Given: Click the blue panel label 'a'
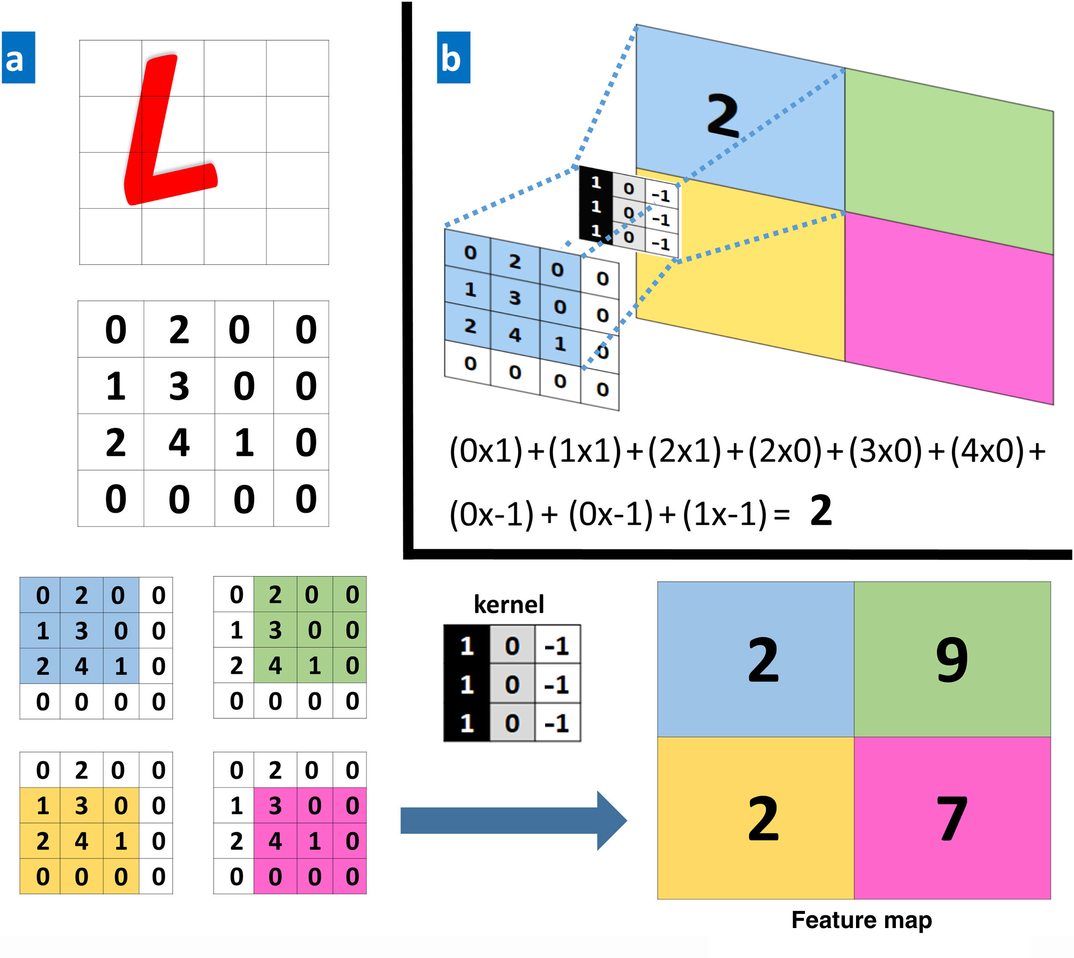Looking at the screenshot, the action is [18, 57].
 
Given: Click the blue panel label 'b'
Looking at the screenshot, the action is [453, 57].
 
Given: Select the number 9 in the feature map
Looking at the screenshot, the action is [952, 659].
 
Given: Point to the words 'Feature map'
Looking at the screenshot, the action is [861, 919].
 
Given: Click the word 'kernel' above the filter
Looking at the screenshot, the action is [509, 604].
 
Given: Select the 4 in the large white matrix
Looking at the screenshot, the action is [179, 443].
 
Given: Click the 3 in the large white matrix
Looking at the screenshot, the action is [179, 386].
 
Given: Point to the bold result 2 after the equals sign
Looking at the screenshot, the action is [821, 511].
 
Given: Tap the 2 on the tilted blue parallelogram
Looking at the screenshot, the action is [722, 116].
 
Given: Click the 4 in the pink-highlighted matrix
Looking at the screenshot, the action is [275, 841].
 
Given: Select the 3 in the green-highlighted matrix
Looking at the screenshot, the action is [275, 630].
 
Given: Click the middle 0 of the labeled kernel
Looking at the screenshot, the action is [512, 685].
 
